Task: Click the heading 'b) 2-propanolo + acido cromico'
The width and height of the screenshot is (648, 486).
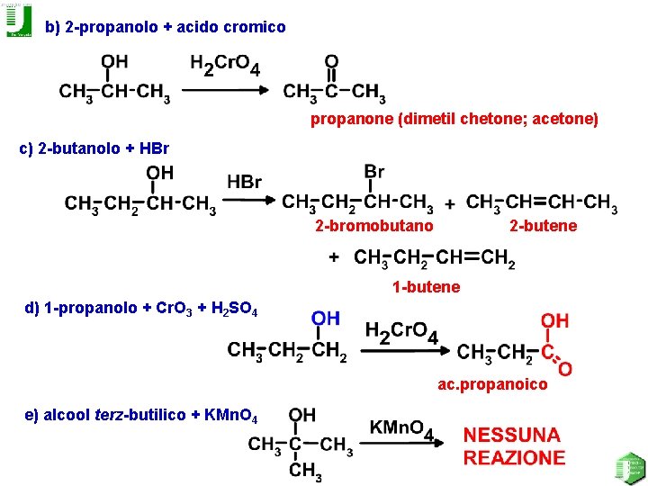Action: pyautogui.click(x=166, y=28)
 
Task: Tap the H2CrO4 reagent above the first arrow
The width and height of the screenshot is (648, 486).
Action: pyautogui.click(x=225, y=66)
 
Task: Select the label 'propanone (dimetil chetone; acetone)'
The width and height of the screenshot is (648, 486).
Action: pyautogui.click(x=454, y=119)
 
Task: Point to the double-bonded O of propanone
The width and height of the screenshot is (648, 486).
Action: pyautogui.click(x=331, y=62)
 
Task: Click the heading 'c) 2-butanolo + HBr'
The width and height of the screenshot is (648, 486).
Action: pyautogui.click(x=94, y=148)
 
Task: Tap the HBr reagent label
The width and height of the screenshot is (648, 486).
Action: pyautogui.click(x=244, y=183)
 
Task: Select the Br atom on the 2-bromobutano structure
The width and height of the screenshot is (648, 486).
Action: pyautogui.click(x=374, y=172)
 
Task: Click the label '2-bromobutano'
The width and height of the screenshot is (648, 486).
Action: pyautogui.click(x=373, y=226)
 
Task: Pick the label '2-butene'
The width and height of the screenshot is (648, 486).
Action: pyautogui.click(x=543, y=226)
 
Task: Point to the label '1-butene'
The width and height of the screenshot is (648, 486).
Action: pyautogui.click(x=426, y=287)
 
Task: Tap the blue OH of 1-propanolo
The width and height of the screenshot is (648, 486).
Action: pyautogui.click(x=326, y=319)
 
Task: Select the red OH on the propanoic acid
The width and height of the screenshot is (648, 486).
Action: pyautogui.click(x=554, y=321)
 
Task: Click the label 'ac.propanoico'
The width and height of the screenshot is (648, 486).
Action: pyautogui.click(x=492, y=385)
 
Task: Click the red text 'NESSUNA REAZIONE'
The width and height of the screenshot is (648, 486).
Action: pyautogui.click(x=514, y=446)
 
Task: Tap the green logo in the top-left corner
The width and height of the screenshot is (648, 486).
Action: pyautogui.click(x=18, y=20)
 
